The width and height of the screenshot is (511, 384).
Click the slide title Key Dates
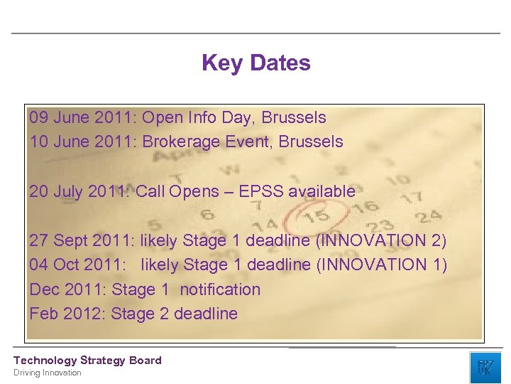pos(255,63)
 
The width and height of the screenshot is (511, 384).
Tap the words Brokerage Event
pos(206,142)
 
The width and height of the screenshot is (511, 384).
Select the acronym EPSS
pos(262,191)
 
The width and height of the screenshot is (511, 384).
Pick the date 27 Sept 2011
pos(82,240)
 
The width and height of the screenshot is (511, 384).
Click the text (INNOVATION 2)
pos(381,240)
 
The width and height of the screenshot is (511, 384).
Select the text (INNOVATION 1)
pos(381,265)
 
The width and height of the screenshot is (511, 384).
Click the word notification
pos(220,289)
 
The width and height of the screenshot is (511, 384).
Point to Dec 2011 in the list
pos(67,289)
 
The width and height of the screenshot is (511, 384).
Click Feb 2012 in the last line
pos(67,314)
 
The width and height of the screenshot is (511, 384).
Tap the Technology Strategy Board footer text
pos(87,361)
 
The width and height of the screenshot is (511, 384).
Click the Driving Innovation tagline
pos(48,373)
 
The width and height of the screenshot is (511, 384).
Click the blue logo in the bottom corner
pos(485,367)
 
